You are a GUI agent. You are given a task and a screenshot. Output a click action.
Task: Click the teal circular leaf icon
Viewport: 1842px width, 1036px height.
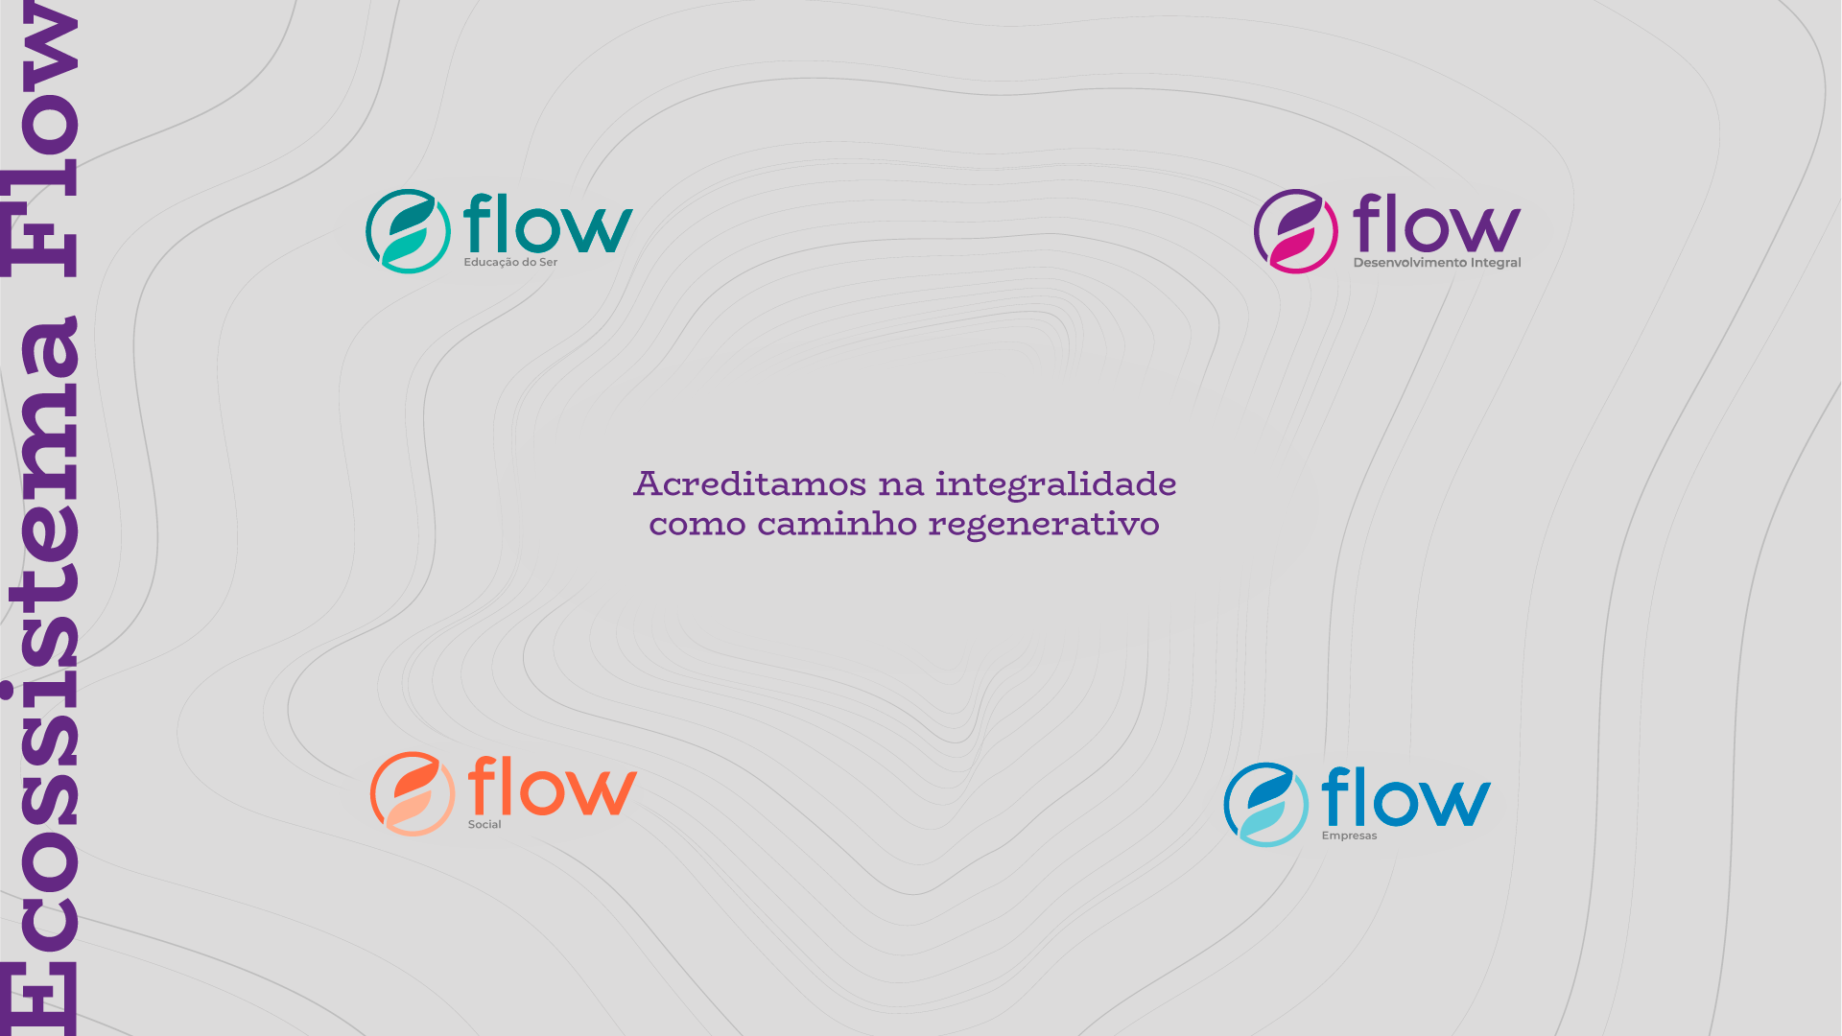point(408,231)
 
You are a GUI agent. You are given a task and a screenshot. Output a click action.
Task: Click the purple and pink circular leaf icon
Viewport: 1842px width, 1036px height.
point(1295,231)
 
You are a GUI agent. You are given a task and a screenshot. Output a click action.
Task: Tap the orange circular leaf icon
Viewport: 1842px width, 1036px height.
point(413,793)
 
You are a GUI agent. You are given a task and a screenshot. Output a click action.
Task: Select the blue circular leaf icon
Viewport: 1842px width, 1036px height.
point(1265,805)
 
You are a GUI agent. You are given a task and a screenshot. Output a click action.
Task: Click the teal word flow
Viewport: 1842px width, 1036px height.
point(548,224)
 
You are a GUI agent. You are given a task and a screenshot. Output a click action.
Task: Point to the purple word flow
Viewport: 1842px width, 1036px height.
point(1436,224)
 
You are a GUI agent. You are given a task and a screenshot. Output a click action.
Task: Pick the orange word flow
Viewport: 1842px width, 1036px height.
point(552,786)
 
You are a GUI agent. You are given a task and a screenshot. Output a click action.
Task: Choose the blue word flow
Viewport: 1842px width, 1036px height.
point(1405,797)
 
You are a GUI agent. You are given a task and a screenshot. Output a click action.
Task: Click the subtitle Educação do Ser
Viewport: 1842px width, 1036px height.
point(510,262)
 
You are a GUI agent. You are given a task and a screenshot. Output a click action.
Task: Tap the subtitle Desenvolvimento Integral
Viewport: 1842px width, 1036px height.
point(1436,263)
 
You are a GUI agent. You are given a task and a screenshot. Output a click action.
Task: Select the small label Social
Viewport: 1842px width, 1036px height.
point(484,824)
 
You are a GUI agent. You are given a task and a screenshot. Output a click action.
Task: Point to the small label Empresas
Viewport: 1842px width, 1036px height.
point(1349,836)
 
